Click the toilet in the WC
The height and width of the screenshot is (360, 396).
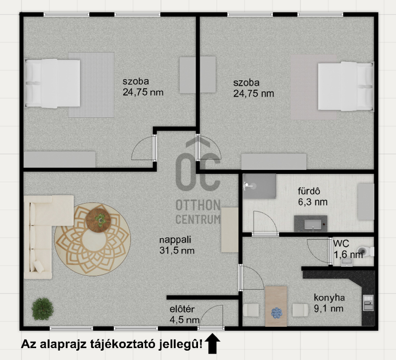367,252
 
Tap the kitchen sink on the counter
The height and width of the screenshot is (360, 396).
368,303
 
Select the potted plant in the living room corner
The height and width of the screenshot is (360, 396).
43,309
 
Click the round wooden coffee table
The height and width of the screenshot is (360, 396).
98,220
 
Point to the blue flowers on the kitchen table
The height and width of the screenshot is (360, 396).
277,313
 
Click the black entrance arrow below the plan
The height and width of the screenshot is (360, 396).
212,344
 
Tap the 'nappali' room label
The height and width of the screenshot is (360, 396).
175,240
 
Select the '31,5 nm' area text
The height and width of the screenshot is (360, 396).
177,251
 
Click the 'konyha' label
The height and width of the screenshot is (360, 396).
329,298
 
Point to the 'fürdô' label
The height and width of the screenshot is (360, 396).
309,191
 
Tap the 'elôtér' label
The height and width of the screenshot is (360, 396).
182,309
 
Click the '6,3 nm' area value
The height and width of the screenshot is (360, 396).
313,202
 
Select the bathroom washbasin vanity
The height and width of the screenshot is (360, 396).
311,224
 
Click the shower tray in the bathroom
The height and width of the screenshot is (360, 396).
259,186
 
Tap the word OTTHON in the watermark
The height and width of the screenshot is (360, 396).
198,205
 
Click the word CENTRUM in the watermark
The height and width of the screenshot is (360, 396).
198,219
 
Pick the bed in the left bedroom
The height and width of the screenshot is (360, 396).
52,83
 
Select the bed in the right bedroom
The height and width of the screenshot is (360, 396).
346,86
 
